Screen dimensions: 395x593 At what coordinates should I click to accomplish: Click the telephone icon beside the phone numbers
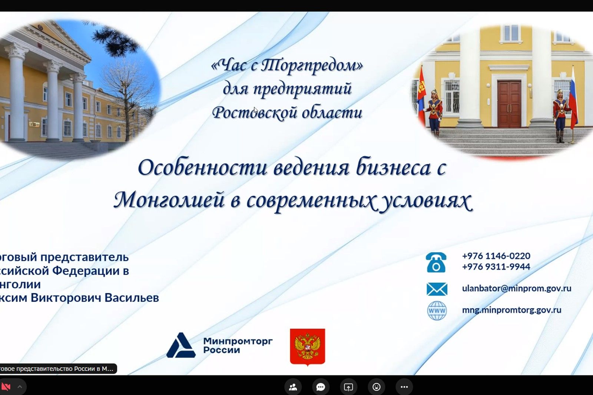(x=436, y=263)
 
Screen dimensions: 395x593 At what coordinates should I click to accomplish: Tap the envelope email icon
(x=437, y=289)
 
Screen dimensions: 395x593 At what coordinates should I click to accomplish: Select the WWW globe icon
(x=437, y=311)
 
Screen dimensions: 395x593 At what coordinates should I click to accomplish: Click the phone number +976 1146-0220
(x=496, y=256)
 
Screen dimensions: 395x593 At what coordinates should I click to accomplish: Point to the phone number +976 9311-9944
(x=496, y=266)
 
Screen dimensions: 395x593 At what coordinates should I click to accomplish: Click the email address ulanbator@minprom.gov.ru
(x=516, y=288)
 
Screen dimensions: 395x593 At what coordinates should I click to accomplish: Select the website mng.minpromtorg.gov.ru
(x=511, y=310)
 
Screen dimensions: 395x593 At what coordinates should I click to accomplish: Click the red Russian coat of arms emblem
(x=307, y=347)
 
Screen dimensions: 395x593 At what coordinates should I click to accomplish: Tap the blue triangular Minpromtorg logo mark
(x=180, y=346)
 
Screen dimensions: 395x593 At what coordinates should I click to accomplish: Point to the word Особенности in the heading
(x=202, y=167)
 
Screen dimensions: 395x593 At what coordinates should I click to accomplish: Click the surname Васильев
(x=132, y=298)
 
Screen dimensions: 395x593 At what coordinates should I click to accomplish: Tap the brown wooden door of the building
(x=509, y=104)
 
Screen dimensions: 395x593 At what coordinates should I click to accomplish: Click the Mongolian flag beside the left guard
(x=421, y=96)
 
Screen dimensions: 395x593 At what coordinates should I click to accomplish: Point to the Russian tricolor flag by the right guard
(x=573, y=98)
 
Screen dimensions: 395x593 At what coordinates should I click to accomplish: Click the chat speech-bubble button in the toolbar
(x=321, y=387)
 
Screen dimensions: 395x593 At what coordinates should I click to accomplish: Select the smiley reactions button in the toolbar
(x=376, y=387)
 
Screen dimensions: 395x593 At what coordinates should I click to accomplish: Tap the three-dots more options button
(x=404, y=387)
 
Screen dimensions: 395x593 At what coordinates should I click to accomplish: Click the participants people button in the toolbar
(x=293, y=387)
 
